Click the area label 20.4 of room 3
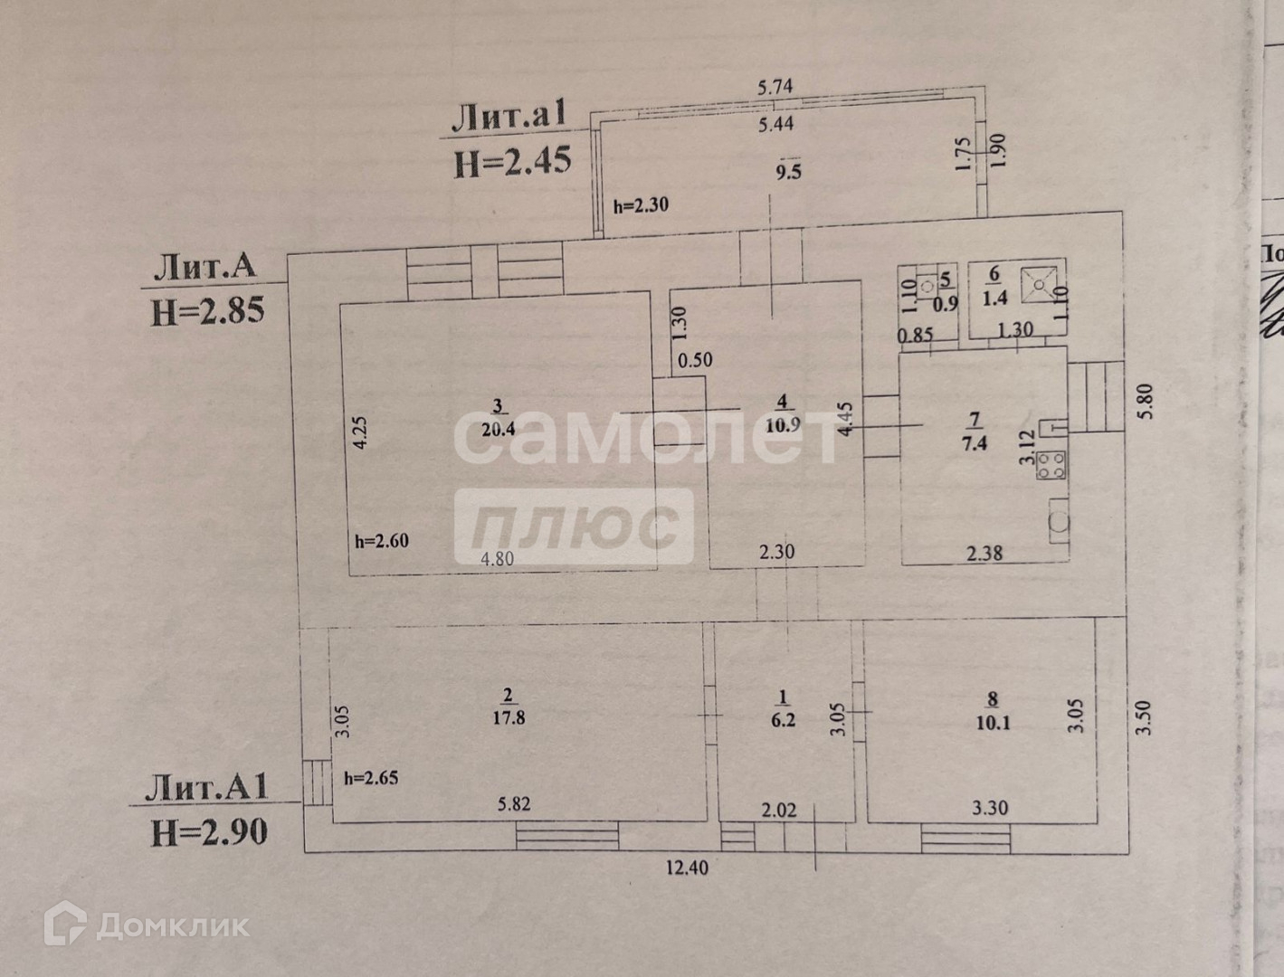tap(498, 430)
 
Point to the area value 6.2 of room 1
tap(784, 722)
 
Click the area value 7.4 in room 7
tap(974, 443)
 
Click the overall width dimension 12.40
tap(688, 868)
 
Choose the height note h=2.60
tap(381, 543)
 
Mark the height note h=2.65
tap(371, 777)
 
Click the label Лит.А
tap(205, 267)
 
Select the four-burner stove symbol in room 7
tap(1052, 465)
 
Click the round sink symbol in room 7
tap(1058, 522)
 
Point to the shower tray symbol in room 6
tap(1041, 284)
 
